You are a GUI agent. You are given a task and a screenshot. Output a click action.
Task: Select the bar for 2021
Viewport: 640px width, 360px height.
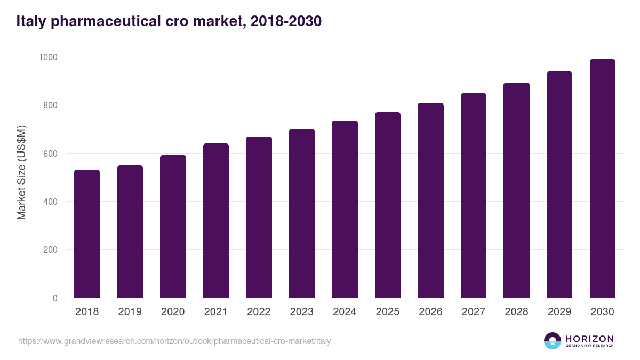click(x=215, y=221)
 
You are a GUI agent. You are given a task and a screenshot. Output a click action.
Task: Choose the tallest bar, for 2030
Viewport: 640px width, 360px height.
click(x=602, y=179)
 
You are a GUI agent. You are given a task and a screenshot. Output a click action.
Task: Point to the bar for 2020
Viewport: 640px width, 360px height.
click(x=173, y=227)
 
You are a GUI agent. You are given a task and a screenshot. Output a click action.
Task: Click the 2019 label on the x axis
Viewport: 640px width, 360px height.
click(x=130, y=312)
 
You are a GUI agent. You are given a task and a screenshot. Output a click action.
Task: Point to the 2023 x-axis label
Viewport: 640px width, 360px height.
click(x=301, y=312)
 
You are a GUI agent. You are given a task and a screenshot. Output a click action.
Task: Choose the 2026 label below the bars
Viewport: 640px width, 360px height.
click(x=430, y=312)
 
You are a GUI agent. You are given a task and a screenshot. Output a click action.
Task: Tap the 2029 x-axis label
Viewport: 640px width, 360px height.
click(x=559, y=312)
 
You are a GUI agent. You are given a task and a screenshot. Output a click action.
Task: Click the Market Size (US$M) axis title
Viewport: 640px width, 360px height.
click(x=21, y=172)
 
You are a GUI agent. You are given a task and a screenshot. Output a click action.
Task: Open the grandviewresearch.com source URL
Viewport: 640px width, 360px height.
click(x=174, y=341)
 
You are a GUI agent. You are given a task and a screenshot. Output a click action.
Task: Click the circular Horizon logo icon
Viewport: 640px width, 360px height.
click(x=553, y=341)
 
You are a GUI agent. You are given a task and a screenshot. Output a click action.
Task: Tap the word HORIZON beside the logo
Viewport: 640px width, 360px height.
click(x=589, y=339)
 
